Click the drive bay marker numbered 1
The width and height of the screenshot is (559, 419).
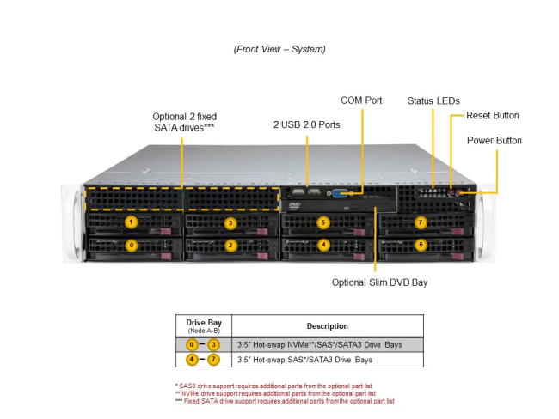tap(131, 222)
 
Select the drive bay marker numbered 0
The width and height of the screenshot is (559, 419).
tap(131, 245)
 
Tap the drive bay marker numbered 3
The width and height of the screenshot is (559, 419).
tap(230, 222)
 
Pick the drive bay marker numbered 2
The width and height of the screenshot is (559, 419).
tap(230, 245)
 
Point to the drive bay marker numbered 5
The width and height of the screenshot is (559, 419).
tap(323, 222)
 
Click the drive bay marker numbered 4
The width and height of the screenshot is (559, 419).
tap(323, 245)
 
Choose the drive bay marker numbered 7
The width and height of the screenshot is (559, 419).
tap(421, 222)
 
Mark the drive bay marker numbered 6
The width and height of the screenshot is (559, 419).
tap(421, 245)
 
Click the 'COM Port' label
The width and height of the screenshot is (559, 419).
tap(361, 100)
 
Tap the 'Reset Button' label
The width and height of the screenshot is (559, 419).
tap(492, 115)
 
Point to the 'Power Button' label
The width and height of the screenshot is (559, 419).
tap(494, 140)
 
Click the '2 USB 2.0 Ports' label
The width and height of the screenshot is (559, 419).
tap(306, 124)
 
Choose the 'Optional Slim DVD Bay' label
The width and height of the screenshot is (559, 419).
tap(379, 282)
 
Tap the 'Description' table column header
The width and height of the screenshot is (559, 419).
tap(327, 326)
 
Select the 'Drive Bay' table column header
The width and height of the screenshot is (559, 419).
tap(204, 325)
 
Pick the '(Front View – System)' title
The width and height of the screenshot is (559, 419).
tap(279, 49)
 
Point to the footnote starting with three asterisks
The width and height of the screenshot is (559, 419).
tap(284, 401)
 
